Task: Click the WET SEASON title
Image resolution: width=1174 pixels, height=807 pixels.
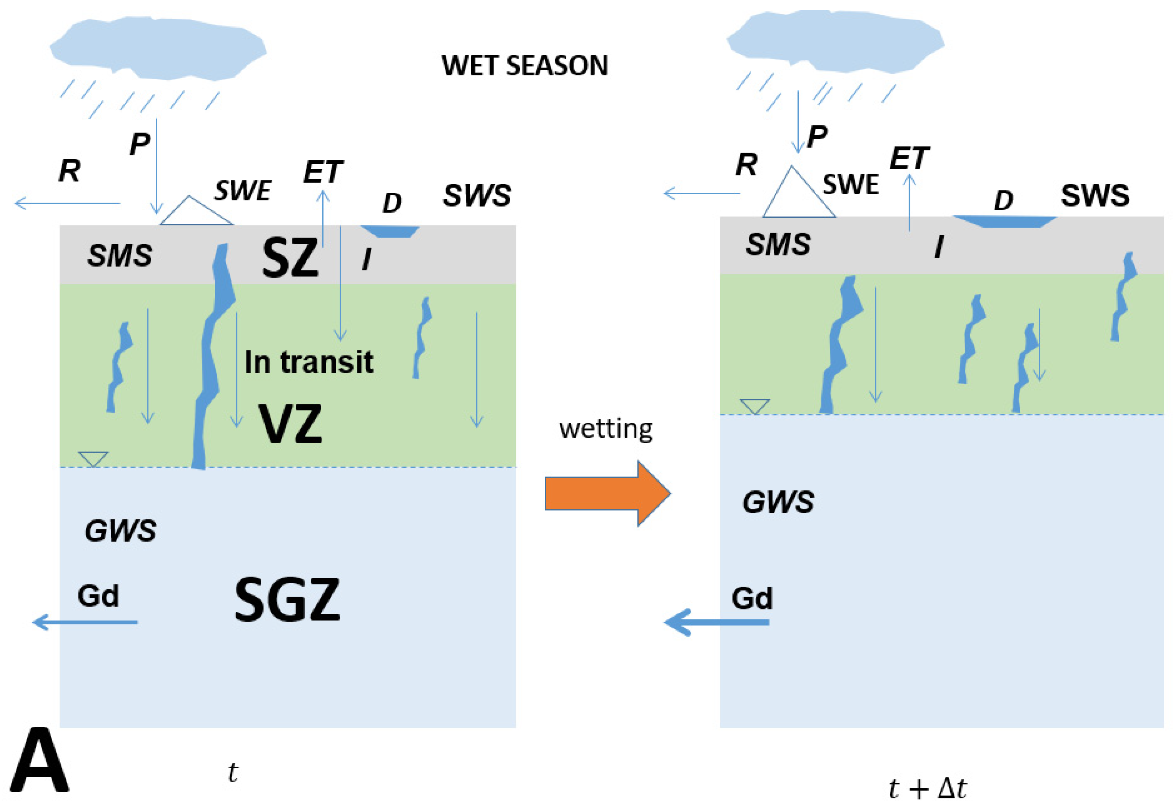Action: coord(524,66)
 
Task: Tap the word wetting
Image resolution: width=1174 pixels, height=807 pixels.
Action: coord(605,429)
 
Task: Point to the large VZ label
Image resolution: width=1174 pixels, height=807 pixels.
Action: coord(290,424)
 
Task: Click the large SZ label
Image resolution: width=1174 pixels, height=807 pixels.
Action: coord(290,258)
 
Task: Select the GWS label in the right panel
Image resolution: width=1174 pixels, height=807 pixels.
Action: coord(777,502)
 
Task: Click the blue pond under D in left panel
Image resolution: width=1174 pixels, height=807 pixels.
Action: coord(390,231)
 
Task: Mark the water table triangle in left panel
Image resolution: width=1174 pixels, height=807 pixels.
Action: coord(93,458)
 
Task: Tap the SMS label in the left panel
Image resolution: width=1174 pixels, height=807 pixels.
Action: coord(119,255)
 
